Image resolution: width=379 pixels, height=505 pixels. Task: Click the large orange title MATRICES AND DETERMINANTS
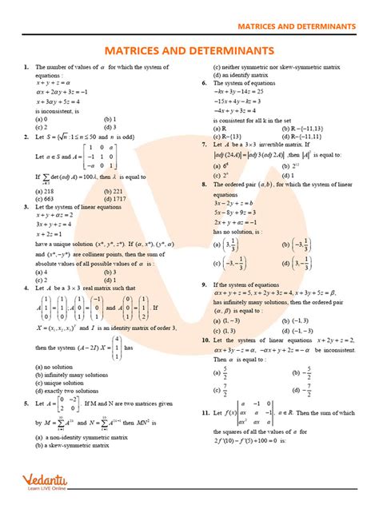pos(189,50)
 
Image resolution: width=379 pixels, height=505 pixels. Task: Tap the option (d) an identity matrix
pos(249,75)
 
